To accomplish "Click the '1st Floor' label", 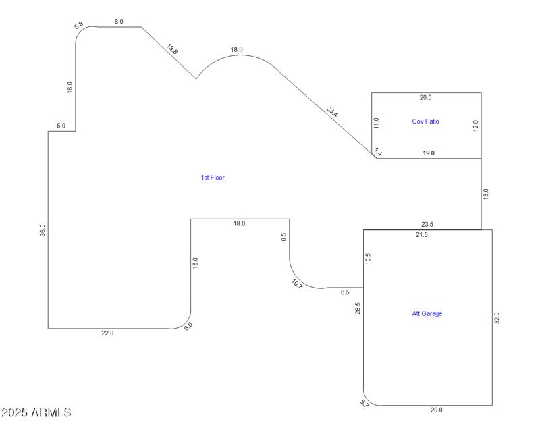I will coord(213,178).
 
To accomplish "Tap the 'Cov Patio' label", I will coord(426,122).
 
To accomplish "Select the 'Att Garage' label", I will coord(427,313).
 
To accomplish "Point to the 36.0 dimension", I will coord(43,230).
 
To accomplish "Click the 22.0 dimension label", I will coord(108,333).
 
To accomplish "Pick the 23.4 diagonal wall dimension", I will coord(332,111).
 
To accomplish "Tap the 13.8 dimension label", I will coord(173,49).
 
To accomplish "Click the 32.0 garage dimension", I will coord(497,317).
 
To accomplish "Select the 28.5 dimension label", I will coord(358,308).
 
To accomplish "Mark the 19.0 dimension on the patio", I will coord(429,153).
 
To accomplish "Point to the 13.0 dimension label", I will coord(486,194).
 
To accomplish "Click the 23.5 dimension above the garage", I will coord(427,225).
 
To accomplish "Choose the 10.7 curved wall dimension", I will coord(298,283).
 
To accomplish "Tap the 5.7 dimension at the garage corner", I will coord(365,404).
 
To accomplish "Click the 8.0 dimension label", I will coord(119,22).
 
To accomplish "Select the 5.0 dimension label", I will coord(61,126).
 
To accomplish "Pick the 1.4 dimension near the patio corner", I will coord(378,154).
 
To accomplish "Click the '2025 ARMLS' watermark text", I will coord(36,412).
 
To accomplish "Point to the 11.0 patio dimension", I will coord(377,123).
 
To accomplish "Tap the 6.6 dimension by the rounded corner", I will coord(188,326).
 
